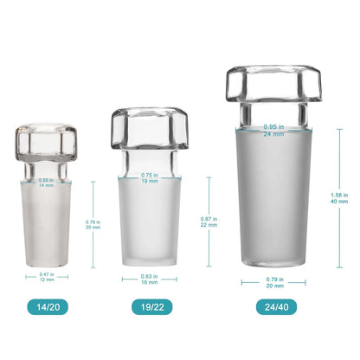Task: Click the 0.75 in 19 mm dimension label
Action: click(150, 177)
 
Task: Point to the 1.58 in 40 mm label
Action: click(339, 198)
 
